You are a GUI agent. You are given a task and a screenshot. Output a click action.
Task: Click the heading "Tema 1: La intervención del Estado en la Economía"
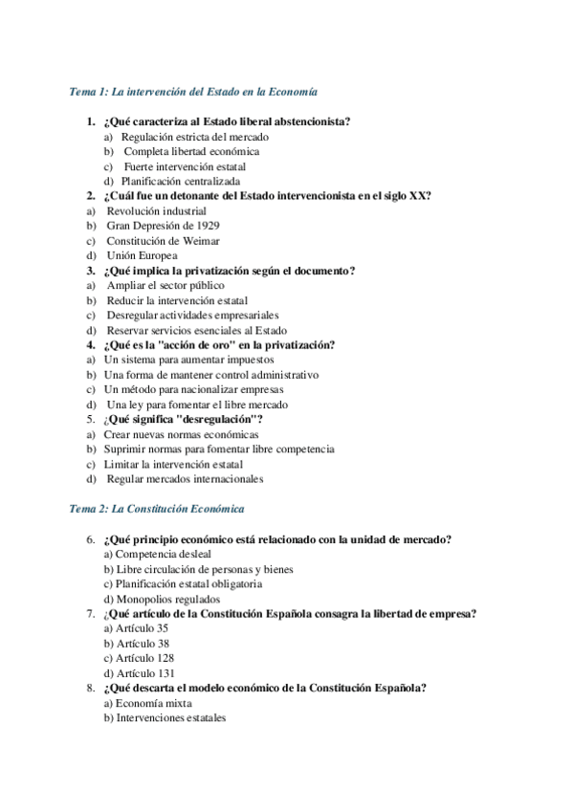click(194, 92)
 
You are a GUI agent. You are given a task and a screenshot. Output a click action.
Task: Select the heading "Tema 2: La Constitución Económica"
click(158, 509)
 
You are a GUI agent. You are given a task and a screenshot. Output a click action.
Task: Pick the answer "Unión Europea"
click(142, 255)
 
